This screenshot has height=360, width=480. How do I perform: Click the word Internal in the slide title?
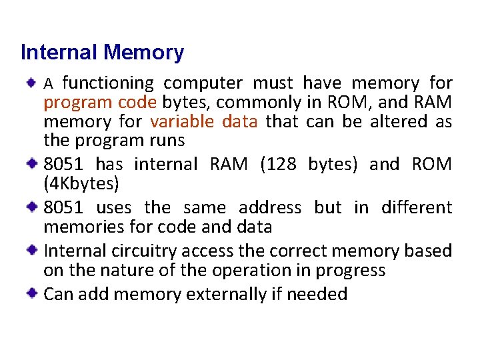click(59, 53)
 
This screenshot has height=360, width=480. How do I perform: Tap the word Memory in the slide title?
click(144, 53)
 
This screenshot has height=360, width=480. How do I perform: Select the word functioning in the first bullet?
click(107, 83)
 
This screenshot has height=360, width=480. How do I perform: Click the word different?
click(416, 208)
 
